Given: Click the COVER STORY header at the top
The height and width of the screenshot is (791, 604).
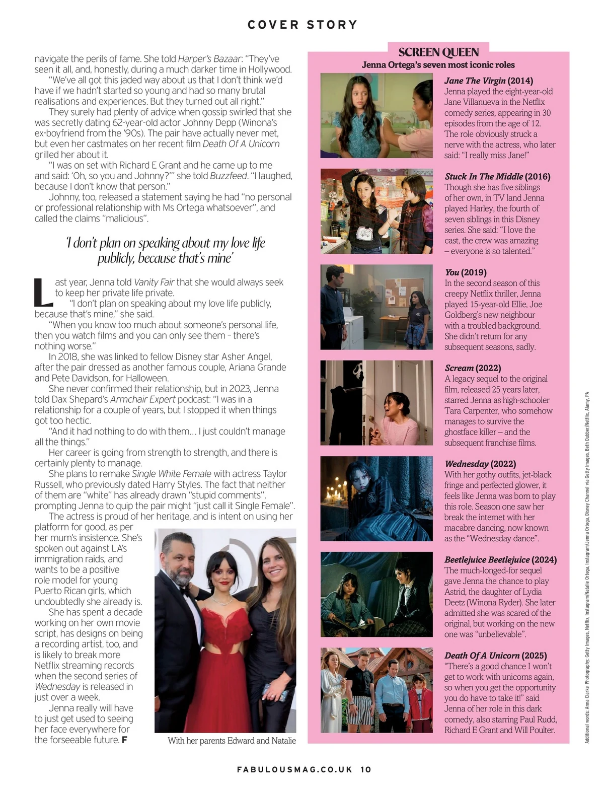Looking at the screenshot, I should tap(302, 25).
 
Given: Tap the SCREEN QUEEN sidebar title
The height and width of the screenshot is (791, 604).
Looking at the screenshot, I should tap(438, 52).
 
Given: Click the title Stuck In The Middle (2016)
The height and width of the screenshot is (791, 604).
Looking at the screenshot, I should tap(497, 176).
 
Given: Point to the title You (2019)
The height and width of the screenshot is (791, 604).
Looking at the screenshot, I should tap(466, 272).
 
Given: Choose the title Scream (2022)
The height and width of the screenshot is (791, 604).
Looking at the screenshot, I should tap(473, 368).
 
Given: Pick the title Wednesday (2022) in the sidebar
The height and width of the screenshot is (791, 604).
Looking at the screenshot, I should tap(480, 464).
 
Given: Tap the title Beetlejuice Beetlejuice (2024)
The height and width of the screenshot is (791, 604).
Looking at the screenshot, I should tap(500, 559).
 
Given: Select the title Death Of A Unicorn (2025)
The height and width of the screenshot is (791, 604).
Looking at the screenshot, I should tap(495, 656).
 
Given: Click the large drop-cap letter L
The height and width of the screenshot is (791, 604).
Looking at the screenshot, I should tap(43, 293).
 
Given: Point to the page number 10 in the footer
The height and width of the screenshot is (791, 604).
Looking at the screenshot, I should tap(366, 769).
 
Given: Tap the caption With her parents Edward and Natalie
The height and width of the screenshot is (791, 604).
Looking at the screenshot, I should tap(232, 741).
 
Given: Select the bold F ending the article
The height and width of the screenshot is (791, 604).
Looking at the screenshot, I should tap(124, 740).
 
